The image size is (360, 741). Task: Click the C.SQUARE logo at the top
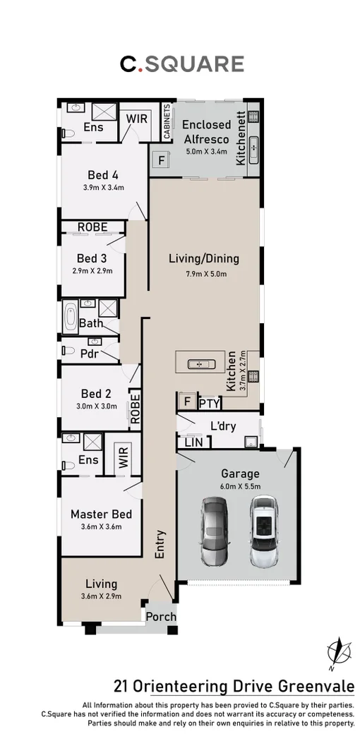tap(181, 64)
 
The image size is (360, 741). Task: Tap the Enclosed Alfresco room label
tap(206, 132)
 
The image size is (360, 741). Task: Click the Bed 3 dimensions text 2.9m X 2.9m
tap(92, 270)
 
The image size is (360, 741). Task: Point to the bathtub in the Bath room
tap(70, 317)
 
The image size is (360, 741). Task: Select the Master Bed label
tap(102, 514)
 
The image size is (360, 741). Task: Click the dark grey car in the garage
tap(214, 531)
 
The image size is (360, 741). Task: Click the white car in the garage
tap(264, 531)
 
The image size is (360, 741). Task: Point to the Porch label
tap(161, 616)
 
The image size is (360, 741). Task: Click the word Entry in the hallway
tap(161, 543)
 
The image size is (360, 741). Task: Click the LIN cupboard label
tap(193, 442)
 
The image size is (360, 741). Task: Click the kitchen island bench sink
tap(201, 364)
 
